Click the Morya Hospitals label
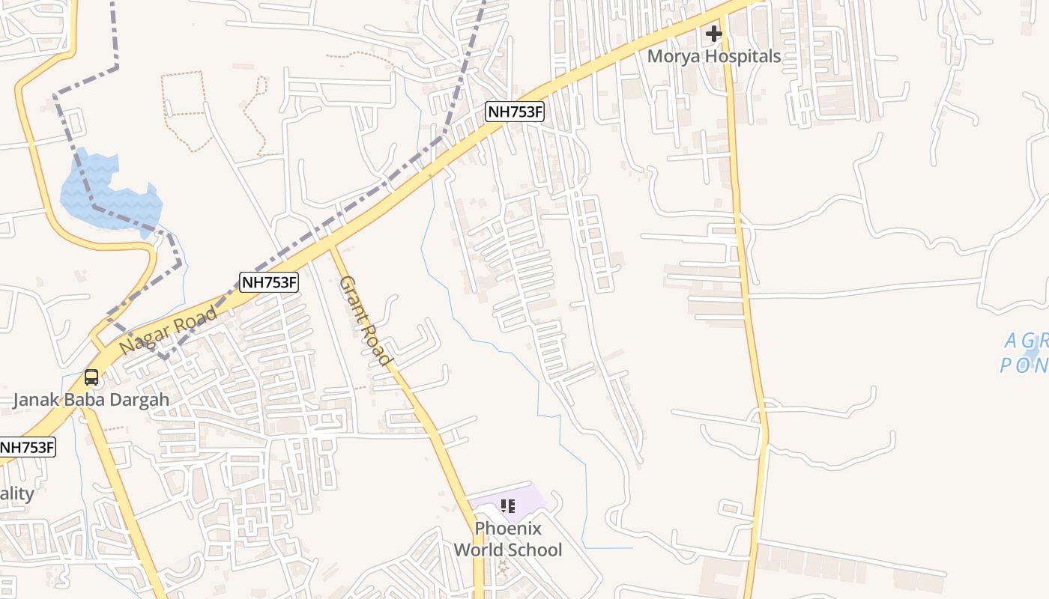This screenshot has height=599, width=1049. pos(713,56)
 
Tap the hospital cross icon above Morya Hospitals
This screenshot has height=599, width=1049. pos(713,34)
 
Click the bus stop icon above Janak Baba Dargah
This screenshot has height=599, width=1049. pos(91,377)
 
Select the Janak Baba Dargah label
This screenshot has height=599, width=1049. pos(91,399)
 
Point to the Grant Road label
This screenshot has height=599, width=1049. pos(366,321)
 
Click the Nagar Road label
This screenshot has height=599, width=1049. pos(169,331)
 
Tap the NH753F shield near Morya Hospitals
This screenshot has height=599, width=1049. pos(515,112)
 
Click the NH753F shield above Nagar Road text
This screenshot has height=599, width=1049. pos(269,282)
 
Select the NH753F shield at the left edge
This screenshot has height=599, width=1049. pos(27,448)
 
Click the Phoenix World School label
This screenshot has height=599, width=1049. pos(508,539)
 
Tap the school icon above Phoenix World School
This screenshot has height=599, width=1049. pos(507,506)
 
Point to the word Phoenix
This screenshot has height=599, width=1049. pos(508,528)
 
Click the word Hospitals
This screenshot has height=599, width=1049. pos(746,56)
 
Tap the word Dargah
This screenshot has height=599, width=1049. pos(140,399)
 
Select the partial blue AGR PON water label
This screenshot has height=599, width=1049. pos(1025,353)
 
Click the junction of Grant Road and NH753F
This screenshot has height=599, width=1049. pos(330,246)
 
